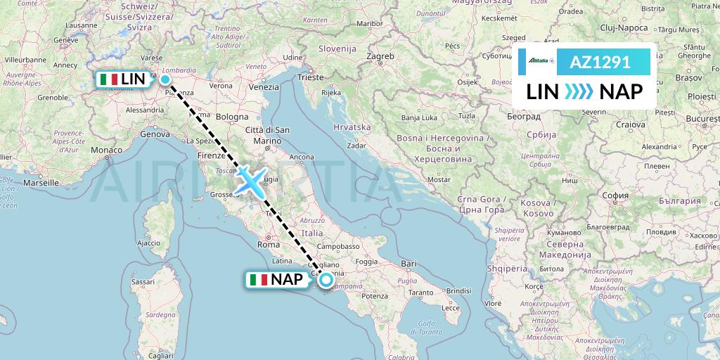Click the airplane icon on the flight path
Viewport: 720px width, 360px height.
click(x=250, y=179)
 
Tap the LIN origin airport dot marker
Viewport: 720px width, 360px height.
click(x=165, y=79)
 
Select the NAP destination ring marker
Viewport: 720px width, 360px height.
click(x=326, y=280)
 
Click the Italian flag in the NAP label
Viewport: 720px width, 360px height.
click(x=259, y=280)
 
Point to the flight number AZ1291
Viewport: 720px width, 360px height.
click(x=599, y=62)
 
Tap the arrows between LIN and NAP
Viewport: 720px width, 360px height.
click(x=579, y=91)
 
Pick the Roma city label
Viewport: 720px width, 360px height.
click(x=269, y=245)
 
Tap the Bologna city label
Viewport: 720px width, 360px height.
click(x=232, y=117)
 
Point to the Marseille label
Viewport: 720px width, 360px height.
click(x=40, y=182)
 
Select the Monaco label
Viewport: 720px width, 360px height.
click(x=106, y=150)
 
